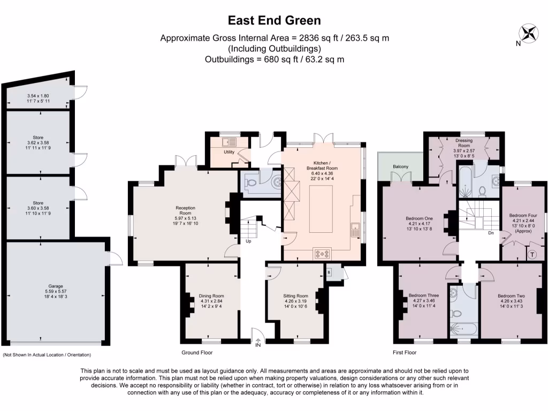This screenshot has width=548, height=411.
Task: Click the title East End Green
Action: tap(275, 20)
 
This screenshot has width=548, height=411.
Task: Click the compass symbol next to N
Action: tap(530, 33)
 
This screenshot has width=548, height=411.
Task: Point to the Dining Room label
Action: tap(211, 296)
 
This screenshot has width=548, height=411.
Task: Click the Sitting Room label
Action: tap(295, 296)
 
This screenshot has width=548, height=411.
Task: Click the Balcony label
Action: tap(400, 167)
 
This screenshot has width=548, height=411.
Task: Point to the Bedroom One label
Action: tap(421, 218)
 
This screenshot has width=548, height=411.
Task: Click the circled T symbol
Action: tap(533, 254)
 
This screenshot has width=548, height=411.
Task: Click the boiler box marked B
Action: tap(329, 271)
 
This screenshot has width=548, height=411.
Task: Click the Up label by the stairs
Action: tap(248, 241)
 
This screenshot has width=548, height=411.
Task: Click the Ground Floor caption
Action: tap(197, 353)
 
